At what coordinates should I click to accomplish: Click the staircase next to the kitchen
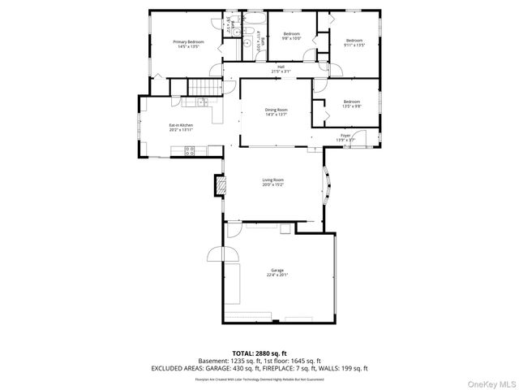point(204,87)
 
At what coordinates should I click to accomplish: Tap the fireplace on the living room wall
point(218,186)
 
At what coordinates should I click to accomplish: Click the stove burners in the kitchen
point(190,149)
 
